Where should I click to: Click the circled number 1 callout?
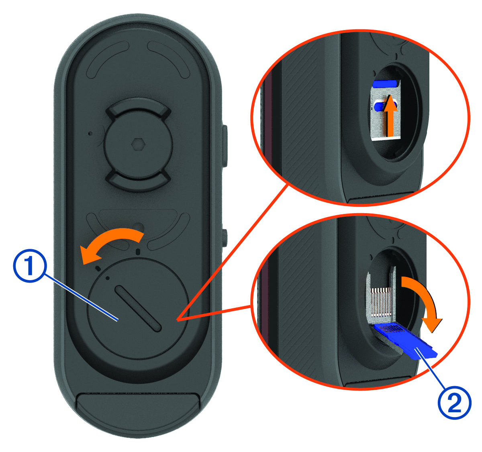coord(30,266)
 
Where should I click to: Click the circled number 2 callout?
coord(454,402)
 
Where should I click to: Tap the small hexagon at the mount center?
coord(138,145)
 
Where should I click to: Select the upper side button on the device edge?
coord(225,146)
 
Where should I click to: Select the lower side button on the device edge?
coord(225,238)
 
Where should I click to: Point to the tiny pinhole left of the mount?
coord(90,133)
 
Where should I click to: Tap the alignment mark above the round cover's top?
coord(138,251)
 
